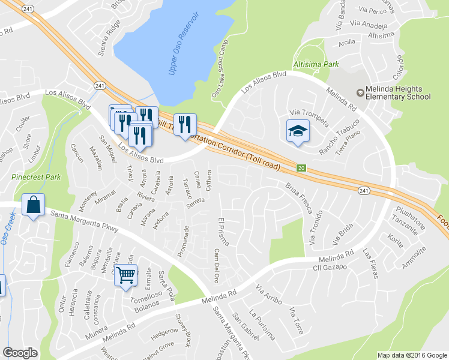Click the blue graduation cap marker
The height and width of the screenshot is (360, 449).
point(297,132)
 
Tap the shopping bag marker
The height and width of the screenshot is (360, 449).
point(34,205)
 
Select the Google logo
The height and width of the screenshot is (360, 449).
point(21,353)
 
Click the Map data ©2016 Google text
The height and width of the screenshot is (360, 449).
point(412,355)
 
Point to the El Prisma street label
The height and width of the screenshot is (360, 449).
point(225,232)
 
